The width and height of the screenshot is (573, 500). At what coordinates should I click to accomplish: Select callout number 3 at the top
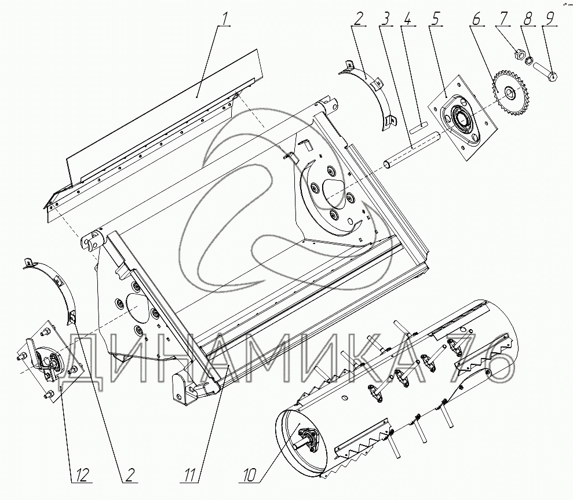[385, 20]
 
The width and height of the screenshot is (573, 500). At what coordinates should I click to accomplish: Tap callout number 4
[407, 20]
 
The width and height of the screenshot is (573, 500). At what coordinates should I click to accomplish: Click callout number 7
[504, 20]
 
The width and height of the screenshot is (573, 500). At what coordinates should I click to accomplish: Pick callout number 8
[527, 20]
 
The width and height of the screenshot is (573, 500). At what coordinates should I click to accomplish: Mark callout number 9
[549, 20]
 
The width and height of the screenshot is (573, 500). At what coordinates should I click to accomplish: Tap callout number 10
[250, 476]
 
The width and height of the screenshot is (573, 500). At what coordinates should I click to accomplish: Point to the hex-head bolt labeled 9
[545, 72]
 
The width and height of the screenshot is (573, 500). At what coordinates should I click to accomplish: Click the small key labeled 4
[418, 127]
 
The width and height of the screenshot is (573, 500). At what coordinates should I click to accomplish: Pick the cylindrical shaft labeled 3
[411, 151]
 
